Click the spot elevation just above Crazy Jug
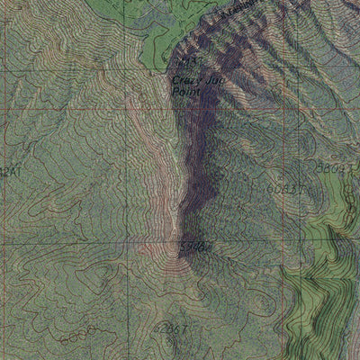click(186, 62)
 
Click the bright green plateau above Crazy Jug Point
click(157, 36)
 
